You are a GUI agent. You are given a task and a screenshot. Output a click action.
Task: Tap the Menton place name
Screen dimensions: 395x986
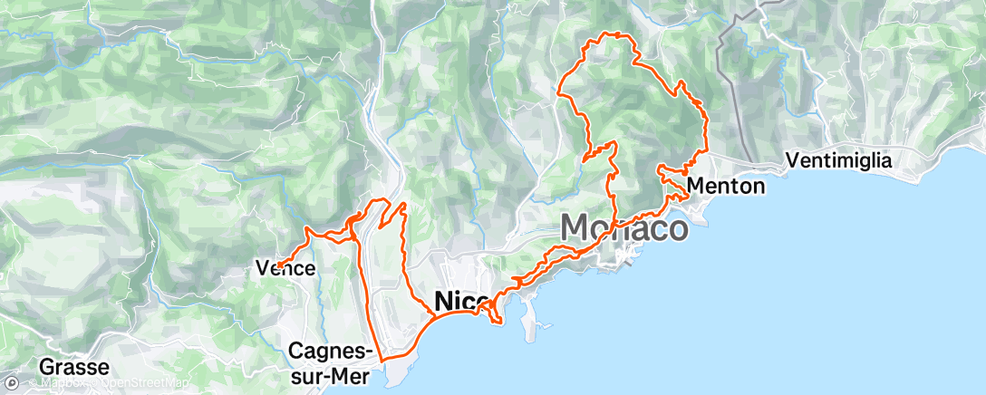[x=726, y=187]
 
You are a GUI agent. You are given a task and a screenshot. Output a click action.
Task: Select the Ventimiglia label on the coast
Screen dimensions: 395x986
[x=839, y=160]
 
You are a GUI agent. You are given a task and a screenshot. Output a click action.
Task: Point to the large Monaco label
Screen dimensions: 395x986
[x=623, y=227]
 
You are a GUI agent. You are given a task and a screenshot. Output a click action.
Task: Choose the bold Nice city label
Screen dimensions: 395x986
[x=463, y=300]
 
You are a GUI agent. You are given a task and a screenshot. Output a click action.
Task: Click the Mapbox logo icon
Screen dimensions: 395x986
[x=12, y=383]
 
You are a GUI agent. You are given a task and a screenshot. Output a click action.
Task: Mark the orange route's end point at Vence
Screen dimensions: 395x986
[x=277, y=265]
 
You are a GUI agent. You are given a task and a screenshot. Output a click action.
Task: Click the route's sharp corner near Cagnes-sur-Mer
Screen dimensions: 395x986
[x=383, y=361]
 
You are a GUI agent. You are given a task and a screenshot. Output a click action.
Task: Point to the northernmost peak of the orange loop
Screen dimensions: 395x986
[x=620, y=34]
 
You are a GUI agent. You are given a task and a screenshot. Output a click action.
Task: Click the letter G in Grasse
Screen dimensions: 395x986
[x=46, y=368]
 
